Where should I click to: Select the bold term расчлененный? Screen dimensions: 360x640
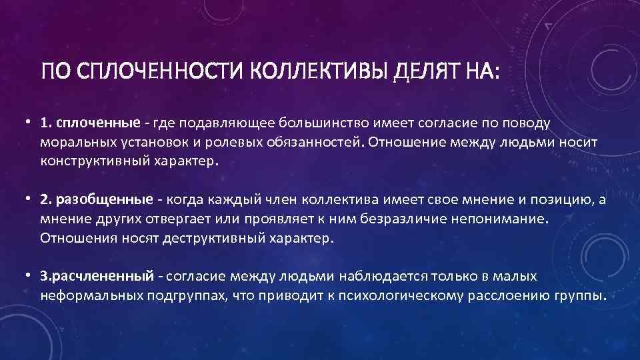[x=103, y=276]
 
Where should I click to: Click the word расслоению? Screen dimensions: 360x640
[x=506, y=295]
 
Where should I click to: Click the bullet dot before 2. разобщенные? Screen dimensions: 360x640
[x=29, y=199]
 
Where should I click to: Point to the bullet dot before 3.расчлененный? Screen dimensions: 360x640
[x=29, y=276]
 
